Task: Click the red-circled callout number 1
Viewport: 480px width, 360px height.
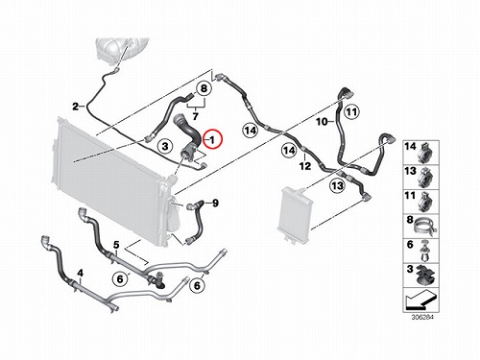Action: [213, 139]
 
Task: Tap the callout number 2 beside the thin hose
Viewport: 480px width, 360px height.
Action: [76, 107]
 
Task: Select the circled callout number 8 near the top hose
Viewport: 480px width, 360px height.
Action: [204, 88]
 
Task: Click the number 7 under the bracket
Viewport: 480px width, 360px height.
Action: [196, 116]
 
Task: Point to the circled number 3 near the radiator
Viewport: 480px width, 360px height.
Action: [165, 146]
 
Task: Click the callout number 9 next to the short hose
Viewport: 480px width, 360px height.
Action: [215, 203]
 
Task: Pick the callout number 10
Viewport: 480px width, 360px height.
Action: [322, 122]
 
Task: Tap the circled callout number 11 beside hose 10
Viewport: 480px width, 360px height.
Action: [351, 112]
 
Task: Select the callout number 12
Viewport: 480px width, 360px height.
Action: [305, 166]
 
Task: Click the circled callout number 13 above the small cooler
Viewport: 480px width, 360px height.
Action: [337, 185]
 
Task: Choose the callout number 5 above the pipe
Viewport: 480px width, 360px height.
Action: [116, 245]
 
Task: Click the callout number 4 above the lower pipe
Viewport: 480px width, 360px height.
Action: [81, 273]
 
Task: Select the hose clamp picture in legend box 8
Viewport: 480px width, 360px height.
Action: [426, 227]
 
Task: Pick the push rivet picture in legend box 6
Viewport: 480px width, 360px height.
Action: [425, 251]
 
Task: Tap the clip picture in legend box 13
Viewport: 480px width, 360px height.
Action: [426, 177]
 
